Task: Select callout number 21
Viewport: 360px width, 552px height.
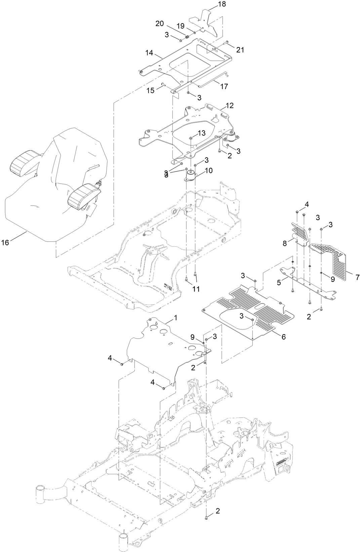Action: click(240, 50)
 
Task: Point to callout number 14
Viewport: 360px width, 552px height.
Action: click(149, 53)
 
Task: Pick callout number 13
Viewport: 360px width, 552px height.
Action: click(201, 133)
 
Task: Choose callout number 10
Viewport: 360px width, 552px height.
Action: click(208, 170)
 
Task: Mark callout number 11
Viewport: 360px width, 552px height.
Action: click(196, 289)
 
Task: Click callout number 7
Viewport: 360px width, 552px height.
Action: click(357, 277)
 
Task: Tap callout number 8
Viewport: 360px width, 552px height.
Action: click(285, 243)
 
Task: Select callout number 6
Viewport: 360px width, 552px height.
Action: click(283, 337)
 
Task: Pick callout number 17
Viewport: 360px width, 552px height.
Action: click(224, 86)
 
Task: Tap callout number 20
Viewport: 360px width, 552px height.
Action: click(160, 24)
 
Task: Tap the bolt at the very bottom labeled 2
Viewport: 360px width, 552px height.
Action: click(206, 519)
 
